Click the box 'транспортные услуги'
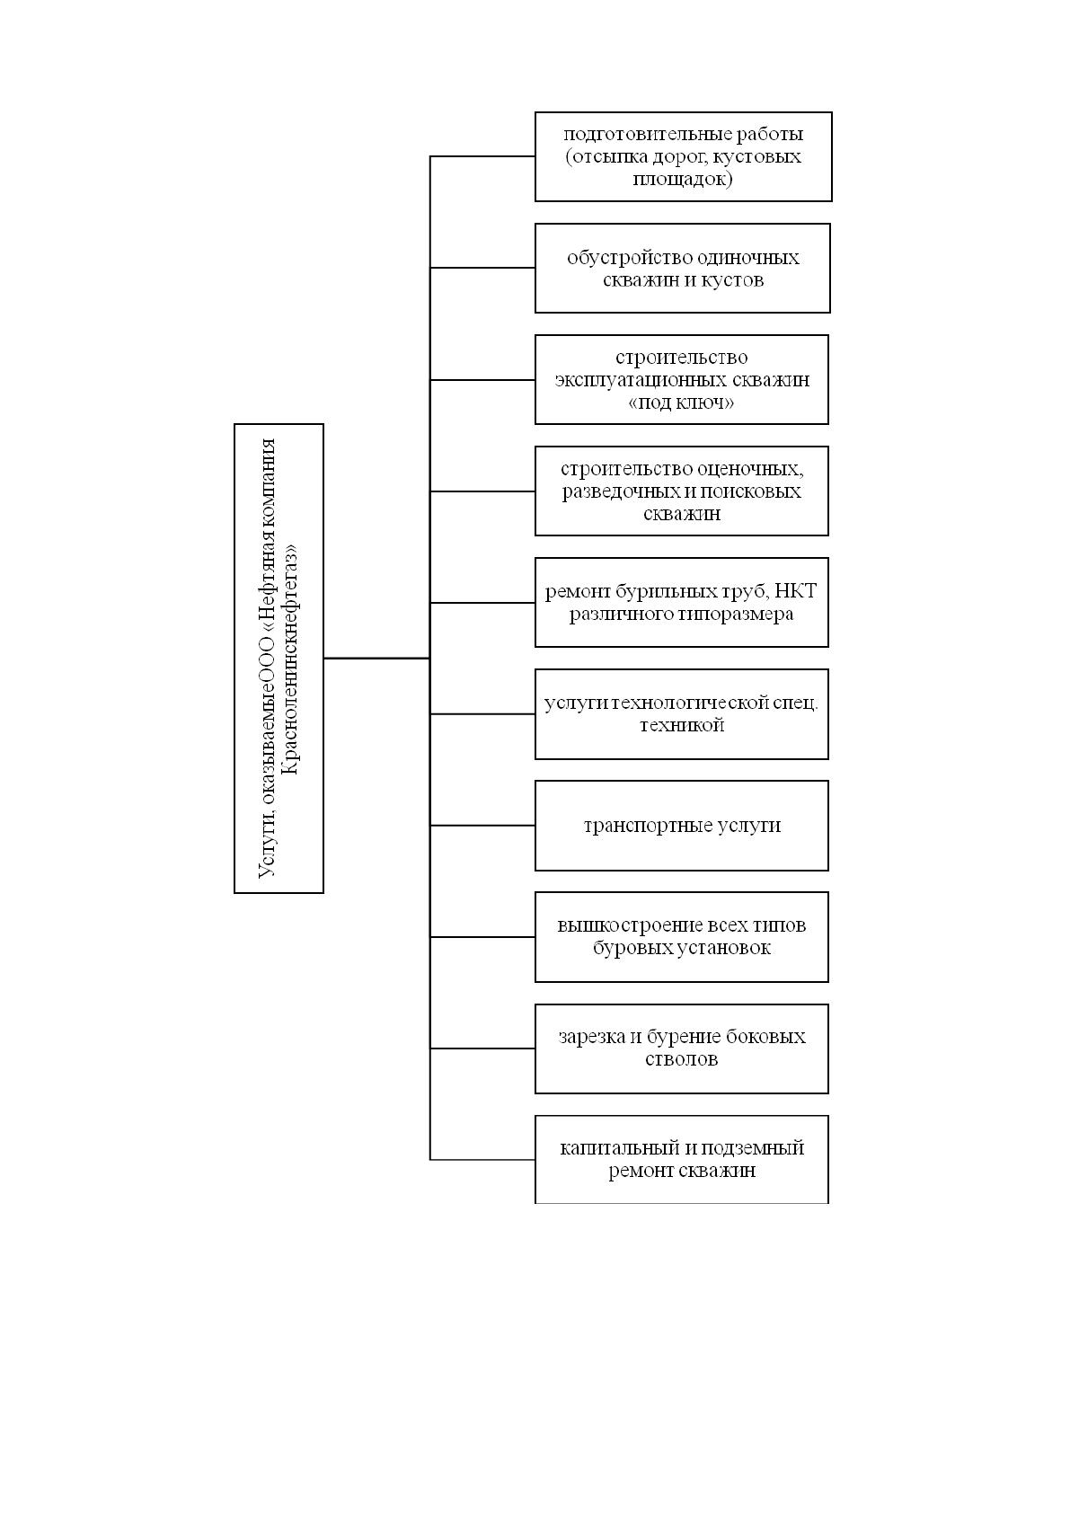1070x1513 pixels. pos(682,826)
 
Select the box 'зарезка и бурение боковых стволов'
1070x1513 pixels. pos(682,1048)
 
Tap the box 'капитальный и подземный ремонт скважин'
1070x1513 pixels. pos(682,1159)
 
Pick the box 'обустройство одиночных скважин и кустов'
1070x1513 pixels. pos(682,268)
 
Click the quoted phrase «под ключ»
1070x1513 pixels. pos(681,403)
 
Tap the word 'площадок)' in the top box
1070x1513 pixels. pos(682,179)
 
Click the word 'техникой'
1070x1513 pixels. pos(682,725)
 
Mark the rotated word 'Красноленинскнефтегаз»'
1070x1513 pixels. pos(290,659)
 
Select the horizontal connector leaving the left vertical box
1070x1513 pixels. pos(377,658)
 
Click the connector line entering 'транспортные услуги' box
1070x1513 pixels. pos(482,826)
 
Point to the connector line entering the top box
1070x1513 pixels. pos(482,156)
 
